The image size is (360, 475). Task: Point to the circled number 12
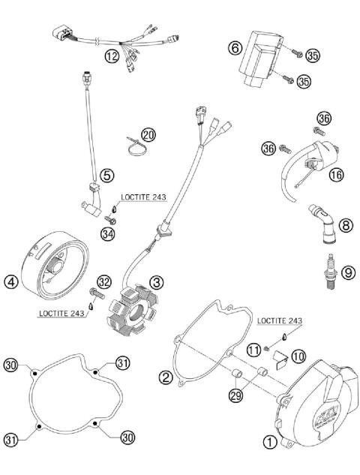tap(111, 56)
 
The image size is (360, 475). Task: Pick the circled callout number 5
tap(107, 175)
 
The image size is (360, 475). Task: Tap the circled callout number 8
tap(345, 224)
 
